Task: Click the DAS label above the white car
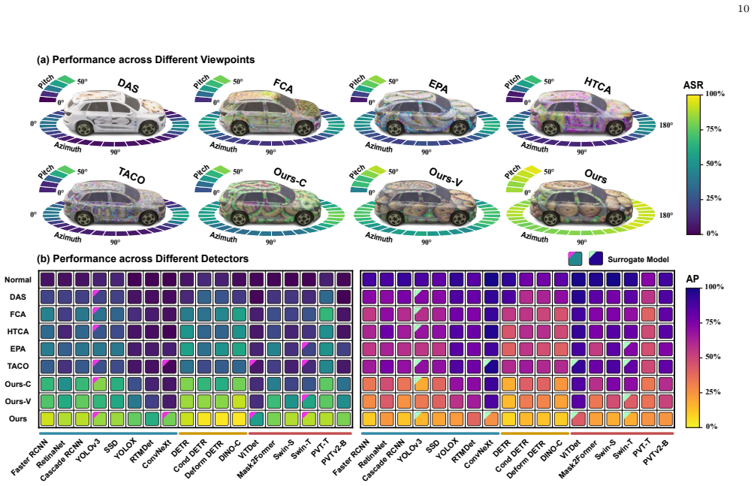point(128,86)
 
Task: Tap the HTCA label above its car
point(598,85)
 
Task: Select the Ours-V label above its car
point(445,177)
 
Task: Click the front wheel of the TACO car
point(84,219)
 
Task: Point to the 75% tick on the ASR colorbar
point(713,129)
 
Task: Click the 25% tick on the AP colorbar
point(713,391)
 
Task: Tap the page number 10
point(743,9)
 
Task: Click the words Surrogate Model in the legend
point(638,259)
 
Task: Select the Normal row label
point(18,279)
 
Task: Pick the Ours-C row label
point(18,384)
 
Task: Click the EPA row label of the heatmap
point(18,349)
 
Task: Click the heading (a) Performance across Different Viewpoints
point(146,59)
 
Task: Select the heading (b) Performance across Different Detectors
point(143,258)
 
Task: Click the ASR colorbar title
point(693,85)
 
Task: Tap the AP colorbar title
point(692,279)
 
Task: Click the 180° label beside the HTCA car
point(666,125)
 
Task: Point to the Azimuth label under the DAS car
point(68,146)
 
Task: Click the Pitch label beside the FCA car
point(202,81)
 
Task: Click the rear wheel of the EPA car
point(459,129)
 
